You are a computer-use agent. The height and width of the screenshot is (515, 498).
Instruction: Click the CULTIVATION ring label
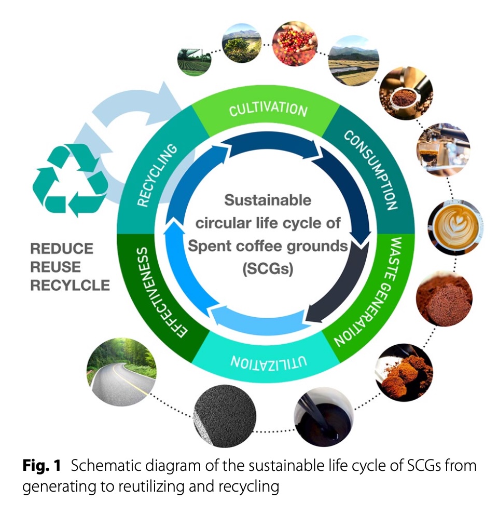coord(268,110)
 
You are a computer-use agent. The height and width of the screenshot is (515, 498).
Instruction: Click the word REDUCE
coord(62,249)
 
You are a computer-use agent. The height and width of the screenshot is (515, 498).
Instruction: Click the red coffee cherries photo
coord(294,44)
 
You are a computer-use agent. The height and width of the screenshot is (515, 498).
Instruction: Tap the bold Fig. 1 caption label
coord(41,466)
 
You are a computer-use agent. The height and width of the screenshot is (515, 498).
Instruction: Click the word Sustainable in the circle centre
coord(268,199)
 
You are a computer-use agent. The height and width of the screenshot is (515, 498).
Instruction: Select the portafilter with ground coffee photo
coord(405,93)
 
